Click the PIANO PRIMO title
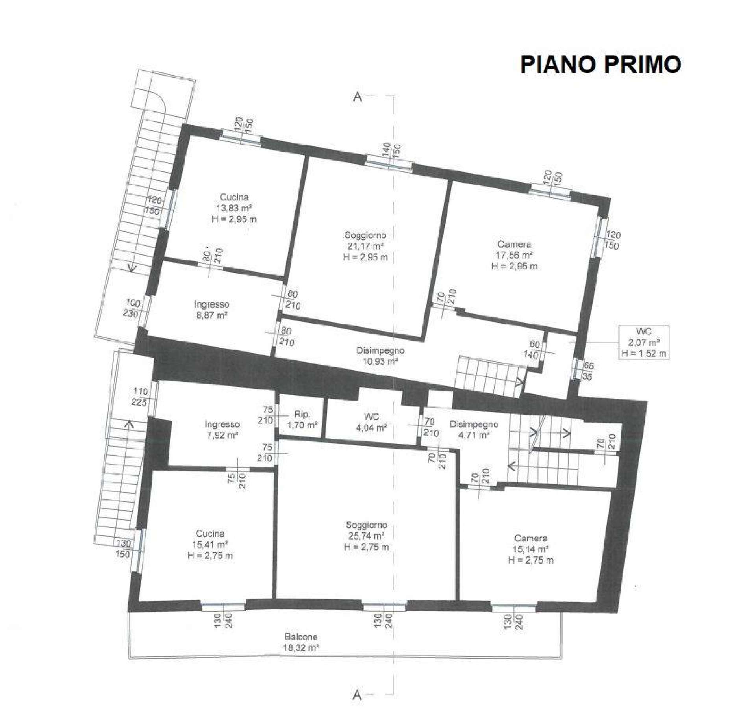(600, 65)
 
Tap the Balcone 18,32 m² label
(301, 642)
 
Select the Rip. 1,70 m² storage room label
(302, 420)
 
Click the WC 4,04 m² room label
(371, 422)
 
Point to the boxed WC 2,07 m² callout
(644, 342)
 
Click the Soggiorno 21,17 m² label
(365, 246)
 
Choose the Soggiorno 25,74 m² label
(367, 536)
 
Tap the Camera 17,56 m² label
(514, 255)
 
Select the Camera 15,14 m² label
(531, 549)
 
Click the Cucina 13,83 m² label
(234, 208)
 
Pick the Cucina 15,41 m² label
(210, 545)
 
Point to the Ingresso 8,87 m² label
(212, 310)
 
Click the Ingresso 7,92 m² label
(222, 430)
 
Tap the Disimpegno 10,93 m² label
(380, 356)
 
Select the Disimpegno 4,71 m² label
(474, 429)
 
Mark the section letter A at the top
(357, 96)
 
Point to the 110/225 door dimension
(140, 397)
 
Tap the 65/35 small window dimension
(587, 371)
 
